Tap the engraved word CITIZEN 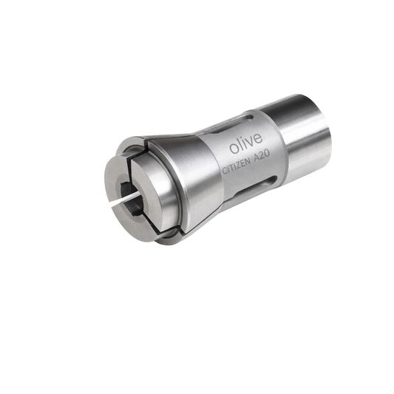(237, 166)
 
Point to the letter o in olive (234, 149)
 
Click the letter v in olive (251, 141)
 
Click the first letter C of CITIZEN (224, 171)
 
